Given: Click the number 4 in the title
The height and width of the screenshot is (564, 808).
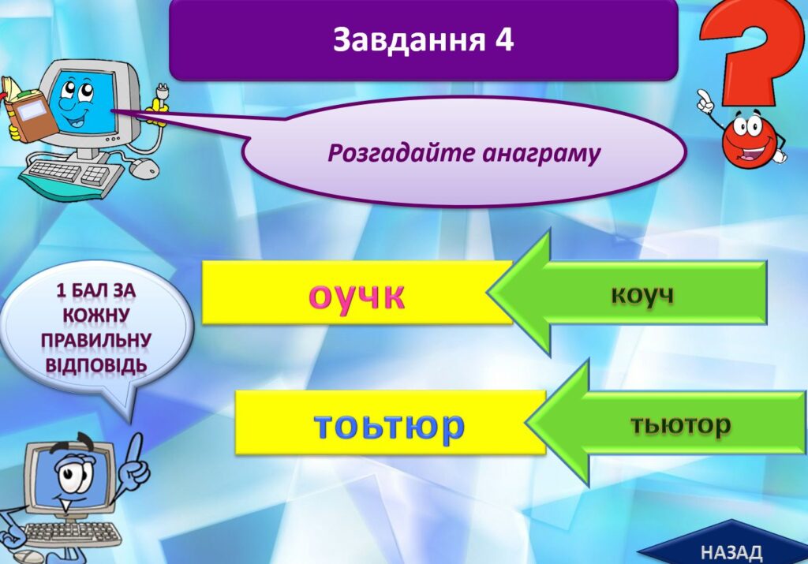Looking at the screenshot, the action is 504,39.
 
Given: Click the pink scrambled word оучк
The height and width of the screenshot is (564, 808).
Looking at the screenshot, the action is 357,296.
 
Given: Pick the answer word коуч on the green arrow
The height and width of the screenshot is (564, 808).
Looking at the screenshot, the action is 642,294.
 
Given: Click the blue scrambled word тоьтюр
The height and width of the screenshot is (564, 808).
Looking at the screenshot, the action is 390,425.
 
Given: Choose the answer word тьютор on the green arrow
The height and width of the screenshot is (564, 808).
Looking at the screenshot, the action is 681,424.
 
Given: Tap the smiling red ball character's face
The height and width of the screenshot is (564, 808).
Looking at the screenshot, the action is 750,140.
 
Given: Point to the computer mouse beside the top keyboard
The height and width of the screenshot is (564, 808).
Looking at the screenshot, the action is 144,166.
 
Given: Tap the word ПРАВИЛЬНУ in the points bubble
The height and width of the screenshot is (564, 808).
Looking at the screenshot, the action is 95,340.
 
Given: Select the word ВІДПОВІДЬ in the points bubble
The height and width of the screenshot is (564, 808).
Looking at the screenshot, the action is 95,365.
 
